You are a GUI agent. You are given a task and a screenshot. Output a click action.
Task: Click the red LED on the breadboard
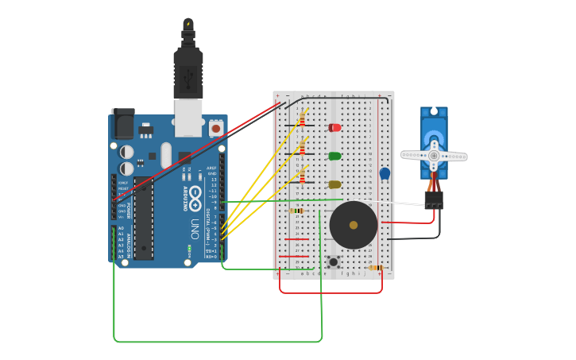[x=334, y=127]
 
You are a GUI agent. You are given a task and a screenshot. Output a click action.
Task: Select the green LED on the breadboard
[x=334, y=156]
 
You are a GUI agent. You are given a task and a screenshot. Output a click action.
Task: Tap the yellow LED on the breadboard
[x=334, y=184]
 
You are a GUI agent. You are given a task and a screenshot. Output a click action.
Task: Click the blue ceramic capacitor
[x=385, y=173]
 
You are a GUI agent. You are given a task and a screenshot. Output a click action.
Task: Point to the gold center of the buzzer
[x=354, y=225]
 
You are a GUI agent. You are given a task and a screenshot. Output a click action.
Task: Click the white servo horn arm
[x=434, y=156]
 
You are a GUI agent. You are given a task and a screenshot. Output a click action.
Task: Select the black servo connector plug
[x=434, y=200]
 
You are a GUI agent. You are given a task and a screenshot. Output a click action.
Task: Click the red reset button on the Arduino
[x=215, y=127]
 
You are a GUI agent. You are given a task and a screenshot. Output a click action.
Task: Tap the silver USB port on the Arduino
[x=188, y=117]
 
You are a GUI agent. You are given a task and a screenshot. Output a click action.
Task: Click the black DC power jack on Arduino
[x=123, y=124]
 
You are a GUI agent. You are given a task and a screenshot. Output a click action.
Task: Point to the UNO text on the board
[x=195, y=231]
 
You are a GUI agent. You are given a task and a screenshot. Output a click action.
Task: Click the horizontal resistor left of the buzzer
[x=298, y=211]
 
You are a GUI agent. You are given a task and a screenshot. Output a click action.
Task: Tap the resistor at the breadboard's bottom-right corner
[x=375, y=268]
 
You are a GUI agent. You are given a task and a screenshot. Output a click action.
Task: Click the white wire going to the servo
[x=397, y=203]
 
